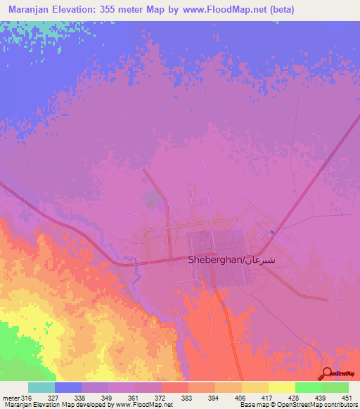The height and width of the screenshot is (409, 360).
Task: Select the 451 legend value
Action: tap(347, 397)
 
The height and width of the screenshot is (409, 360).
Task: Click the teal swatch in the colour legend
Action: tap(41, 387)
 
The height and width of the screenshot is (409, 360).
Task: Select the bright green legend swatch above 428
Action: tap(309, 387)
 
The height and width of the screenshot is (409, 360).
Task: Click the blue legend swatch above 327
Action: tap(68, 387)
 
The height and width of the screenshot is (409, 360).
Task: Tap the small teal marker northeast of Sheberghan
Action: tap(273, 231)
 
